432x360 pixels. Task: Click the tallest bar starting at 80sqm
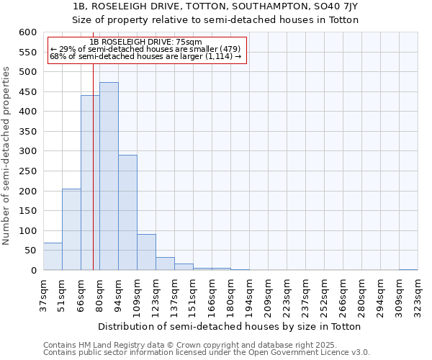coord(109,176)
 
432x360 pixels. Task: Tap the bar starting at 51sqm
coord(71,230)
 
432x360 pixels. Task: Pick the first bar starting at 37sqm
coord(53,256)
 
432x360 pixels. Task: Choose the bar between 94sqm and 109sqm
coord(127,212)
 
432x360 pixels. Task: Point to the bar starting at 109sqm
coord(146,252)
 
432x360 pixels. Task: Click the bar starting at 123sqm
coord(165,264)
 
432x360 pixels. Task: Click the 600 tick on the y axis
coord(27,32)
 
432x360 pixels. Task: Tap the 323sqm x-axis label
coord(418,294)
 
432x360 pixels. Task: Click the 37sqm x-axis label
coord(43,294)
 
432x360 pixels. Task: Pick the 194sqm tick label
coord(249,294)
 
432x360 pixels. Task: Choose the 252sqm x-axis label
coord(324,294)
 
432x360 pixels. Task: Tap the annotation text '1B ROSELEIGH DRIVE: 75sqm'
coord(146,42)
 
